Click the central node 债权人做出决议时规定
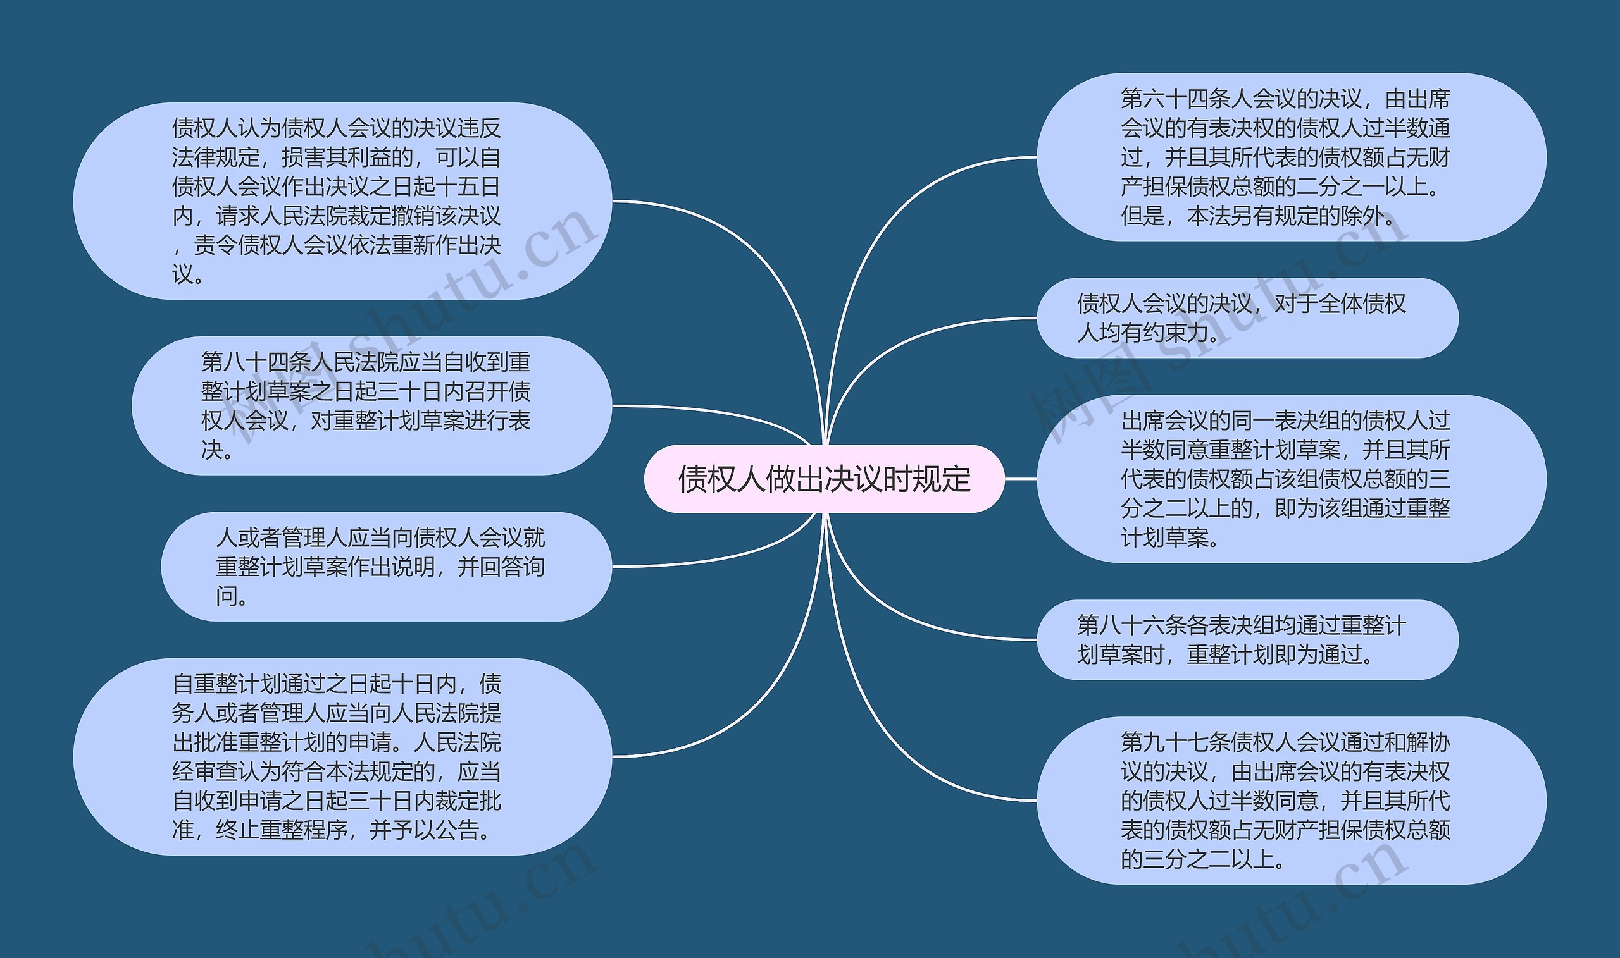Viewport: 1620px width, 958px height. pos(823,479)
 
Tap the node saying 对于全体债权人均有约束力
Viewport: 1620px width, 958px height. pos(1247,317)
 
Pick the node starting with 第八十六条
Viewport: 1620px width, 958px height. pos(1247,640)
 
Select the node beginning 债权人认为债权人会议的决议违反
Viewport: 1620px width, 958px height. pos(342,200)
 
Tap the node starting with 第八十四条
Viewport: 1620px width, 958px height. pos(371,405)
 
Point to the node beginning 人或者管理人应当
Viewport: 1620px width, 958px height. pos(385,566)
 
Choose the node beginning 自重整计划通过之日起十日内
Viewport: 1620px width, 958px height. pos(342,756)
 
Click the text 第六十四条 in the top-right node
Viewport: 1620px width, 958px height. pos(1175,99)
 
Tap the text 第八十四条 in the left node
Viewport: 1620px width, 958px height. pos(256,362)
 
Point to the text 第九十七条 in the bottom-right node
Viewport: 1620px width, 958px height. pos(1175,742)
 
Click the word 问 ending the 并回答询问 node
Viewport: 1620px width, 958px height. pos(226,596)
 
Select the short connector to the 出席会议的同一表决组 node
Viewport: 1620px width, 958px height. pos(1021,479)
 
